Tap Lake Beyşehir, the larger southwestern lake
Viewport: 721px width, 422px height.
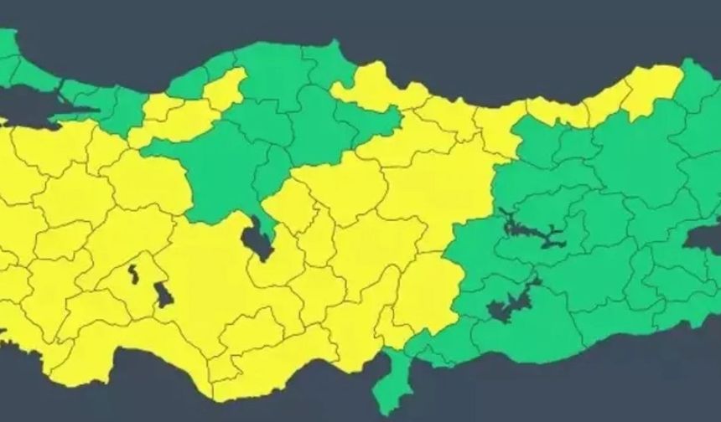click(x=163, y=295)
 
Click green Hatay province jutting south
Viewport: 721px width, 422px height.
click(x=388, y=381)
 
